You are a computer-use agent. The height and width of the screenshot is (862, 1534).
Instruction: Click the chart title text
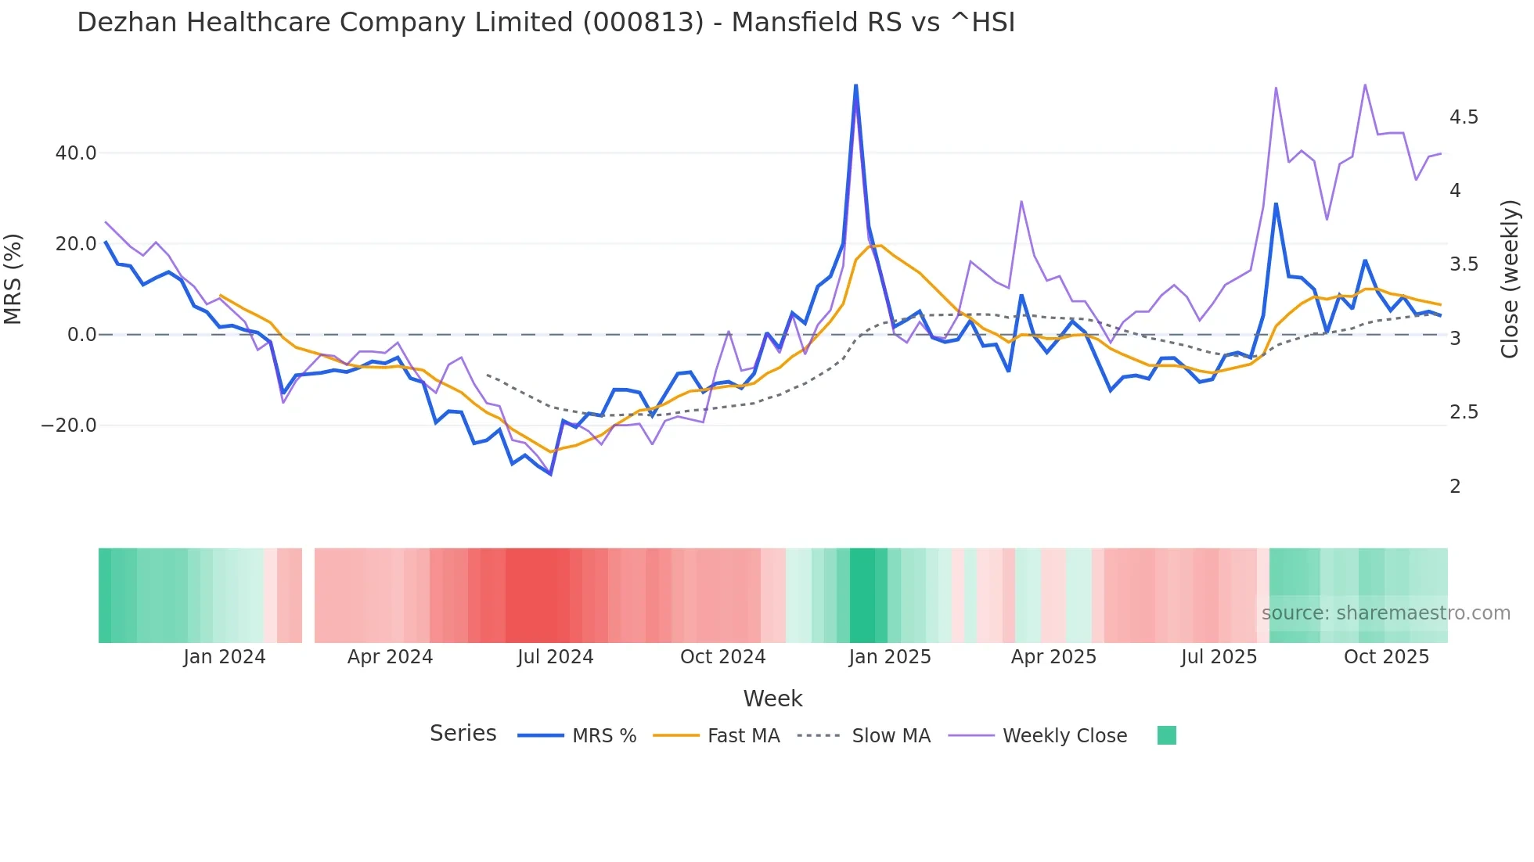point(546,23)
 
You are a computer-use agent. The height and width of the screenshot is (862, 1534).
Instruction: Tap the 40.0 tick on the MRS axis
point(76,153)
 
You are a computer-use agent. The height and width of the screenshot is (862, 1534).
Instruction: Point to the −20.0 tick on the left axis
point(69,426)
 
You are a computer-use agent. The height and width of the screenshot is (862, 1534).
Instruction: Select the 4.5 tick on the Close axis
point(1464,117)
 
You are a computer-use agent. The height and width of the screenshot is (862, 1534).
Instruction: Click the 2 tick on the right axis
point(1455,487)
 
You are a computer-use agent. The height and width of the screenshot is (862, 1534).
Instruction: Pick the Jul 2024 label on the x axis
point(555,657)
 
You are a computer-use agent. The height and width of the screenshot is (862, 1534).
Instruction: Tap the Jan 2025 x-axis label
point(890,657)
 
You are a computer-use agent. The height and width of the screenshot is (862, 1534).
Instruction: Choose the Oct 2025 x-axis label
point(1386,657)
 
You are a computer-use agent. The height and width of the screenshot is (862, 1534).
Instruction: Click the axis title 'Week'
point(772,699)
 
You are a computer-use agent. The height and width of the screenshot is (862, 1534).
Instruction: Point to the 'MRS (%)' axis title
point(13,278)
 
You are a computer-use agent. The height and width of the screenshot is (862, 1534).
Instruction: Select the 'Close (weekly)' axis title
point(1510,278)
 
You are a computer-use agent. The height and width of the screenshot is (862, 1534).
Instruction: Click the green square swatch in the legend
point(1166,735)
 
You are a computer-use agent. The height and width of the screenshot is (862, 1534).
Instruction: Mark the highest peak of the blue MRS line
point(855,85)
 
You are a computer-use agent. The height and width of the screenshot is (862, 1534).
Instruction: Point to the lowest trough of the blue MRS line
point(550,474)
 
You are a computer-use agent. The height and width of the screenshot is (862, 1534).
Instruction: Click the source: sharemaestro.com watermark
point(1385,613)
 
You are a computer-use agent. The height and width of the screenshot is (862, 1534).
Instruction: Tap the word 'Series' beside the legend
point(463,734)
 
